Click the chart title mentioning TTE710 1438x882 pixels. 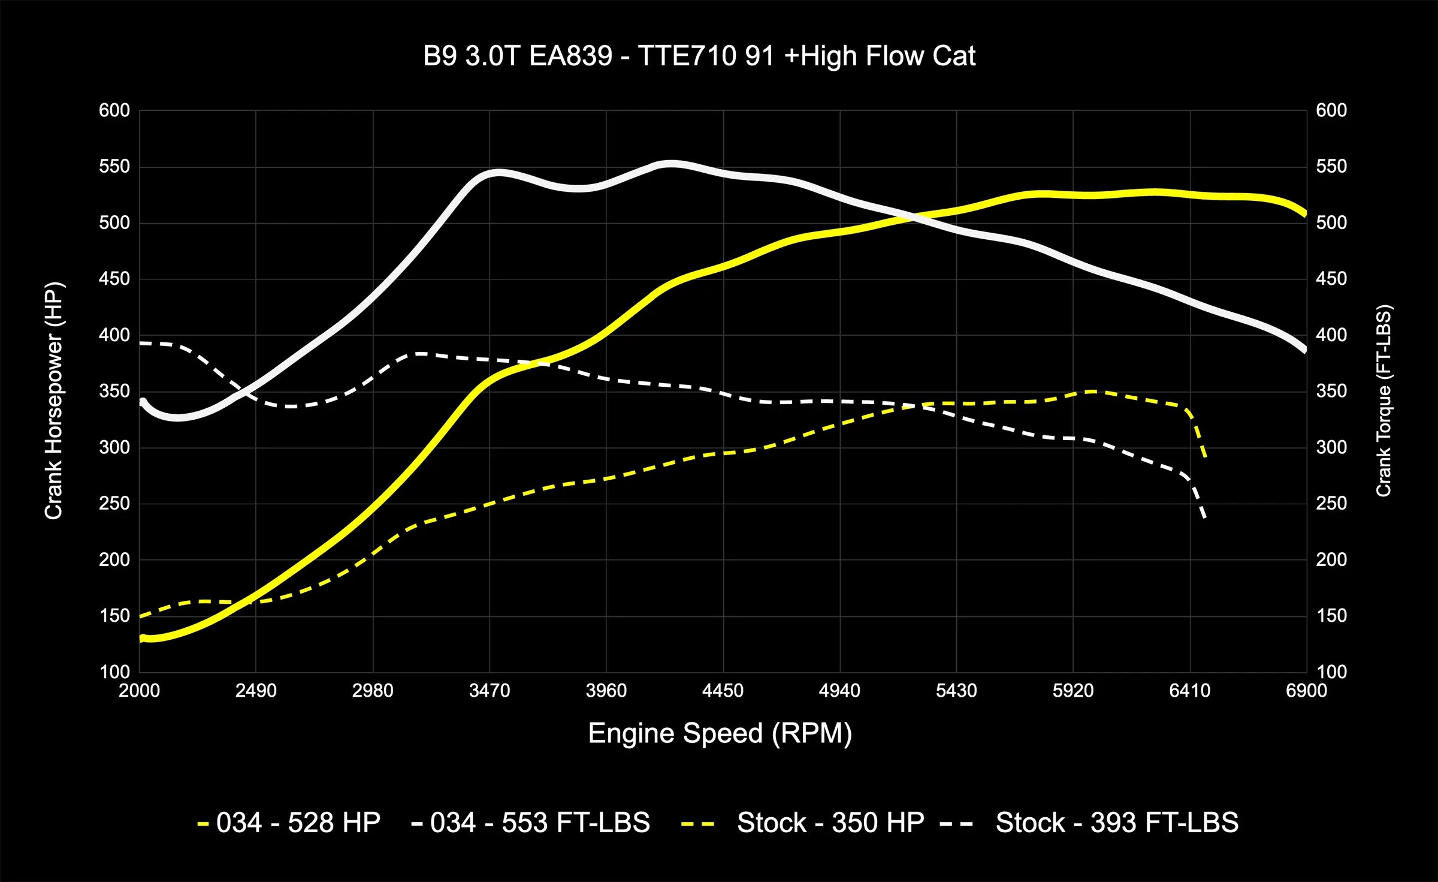click(x=699, y=56)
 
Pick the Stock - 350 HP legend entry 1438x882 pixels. click(x=830, y=823)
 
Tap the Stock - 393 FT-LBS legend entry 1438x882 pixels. click(x=1116, y=823)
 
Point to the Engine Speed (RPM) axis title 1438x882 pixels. click(x=720, y=733)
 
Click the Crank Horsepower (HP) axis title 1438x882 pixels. click(x=54, y=401)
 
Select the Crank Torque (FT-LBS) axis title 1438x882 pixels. click(x=1383, y=401)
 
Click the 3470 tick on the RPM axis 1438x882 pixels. click(x=490, y=691)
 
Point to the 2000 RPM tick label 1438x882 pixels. click(x=139, y=691)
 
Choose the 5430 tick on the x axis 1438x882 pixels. click(x=956, y=691)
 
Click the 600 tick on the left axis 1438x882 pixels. click(x=114, y=110)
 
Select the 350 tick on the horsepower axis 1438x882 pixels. click(x=114, y=391)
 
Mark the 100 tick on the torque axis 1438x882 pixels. click(x=1331, y=672)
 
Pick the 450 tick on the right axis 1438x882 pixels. click(x=1331, y=279)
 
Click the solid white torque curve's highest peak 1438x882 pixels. click(x=671, y=163)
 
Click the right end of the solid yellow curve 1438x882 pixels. click(x=1304, y=213)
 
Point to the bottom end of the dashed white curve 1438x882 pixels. click(x=1204, y=517)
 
